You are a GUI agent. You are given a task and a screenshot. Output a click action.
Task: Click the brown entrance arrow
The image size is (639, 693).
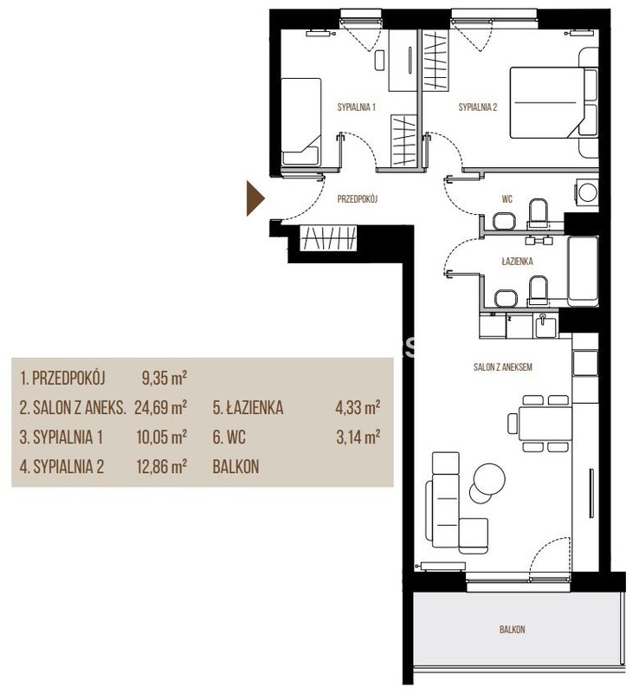click(x=255, y=198)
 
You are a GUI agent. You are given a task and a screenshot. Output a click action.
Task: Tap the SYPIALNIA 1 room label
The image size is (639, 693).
click(x=356, y=107)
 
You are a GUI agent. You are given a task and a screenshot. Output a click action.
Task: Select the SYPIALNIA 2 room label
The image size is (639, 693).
click(x=478, y=107)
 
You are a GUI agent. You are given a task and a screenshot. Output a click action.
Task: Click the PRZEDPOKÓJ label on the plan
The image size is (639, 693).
click(x=358, y=199)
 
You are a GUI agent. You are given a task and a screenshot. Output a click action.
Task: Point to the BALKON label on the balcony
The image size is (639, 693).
click(x=513, y=630)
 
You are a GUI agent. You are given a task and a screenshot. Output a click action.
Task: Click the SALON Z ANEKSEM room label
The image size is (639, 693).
click(x=502, y=366)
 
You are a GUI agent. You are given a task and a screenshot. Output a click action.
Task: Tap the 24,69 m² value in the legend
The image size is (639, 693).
click(x=160, y=407)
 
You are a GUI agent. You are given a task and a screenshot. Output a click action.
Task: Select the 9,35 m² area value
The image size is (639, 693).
click(x=164, y=379)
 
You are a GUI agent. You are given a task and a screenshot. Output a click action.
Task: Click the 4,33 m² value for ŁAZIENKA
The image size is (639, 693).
click(x=358, y=407)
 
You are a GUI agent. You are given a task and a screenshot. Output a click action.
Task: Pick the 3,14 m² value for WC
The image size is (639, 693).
click(x=358, y=437)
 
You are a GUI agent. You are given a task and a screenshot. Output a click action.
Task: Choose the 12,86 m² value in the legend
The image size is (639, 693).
click(x=161, y=466)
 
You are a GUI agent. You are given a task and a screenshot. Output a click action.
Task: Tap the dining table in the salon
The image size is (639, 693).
click(x=545, y=424)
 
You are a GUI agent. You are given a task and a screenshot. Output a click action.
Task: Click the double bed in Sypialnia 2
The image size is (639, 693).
click(x=553, y=102)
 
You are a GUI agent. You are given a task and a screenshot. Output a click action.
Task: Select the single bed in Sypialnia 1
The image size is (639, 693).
click(x=301, y=122)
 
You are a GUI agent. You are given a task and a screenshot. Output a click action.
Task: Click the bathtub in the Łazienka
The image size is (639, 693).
click(x=583, y=272)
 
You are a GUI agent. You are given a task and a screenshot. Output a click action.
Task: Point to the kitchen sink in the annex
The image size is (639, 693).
click(x=546, y=327)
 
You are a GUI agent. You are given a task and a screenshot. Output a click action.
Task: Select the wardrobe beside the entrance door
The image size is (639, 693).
click(x=328, y=238)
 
